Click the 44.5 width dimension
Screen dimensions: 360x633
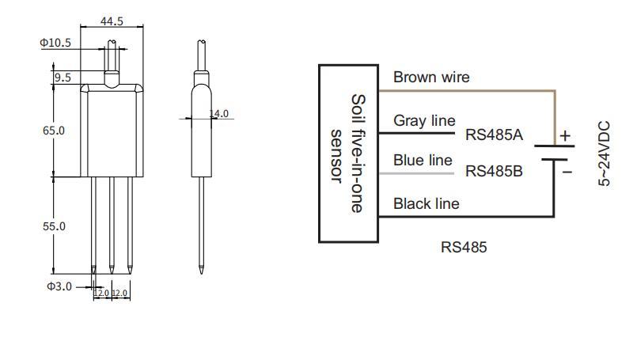[113, 21]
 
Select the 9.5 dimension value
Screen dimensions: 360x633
[62, 78]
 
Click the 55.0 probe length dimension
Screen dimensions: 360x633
[54, 226]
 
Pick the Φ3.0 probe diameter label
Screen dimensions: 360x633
[59, 286]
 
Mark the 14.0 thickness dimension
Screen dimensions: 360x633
[218, 114]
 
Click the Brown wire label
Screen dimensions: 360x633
[431, 78]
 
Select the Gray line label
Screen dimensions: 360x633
[424, 120]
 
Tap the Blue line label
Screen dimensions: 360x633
[423, 160]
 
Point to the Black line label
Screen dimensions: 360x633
[426, 204]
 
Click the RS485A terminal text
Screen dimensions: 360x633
[495, 135]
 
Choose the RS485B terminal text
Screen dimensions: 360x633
[495, 171]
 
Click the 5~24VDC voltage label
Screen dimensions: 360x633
[605, 153]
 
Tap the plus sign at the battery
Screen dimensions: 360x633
[565, 135]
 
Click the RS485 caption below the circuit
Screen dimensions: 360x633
[464, 248]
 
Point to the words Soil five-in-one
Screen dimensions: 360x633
[358, 153]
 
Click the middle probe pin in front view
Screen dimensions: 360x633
[112, 222]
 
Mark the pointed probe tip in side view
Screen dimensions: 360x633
[202, 269]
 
